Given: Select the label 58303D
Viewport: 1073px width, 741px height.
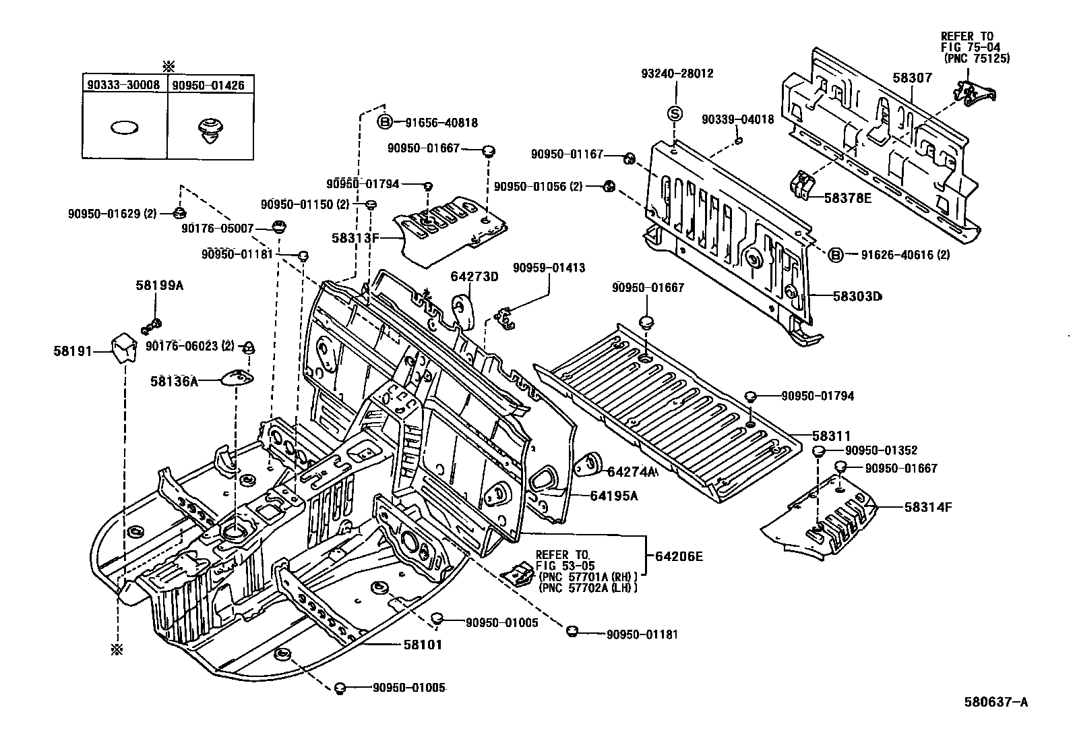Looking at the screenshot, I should tap(857, 296).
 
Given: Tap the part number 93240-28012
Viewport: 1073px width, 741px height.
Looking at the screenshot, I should tap(677, 73).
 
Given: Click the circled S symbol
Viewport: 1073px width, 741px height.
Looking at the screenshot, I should tap(675, 113).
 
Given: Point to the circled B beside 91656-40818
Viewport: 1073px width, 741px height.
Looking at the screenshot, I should tap(384, 122).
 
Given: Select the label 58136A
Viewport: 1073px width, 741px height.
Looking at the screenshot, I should tap(174, 382).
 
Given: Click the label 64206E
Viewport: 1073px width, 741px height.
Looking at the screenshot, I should tap(679, 556).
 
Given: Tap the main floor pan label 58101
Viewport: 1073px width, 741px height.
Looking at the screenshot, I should tap(423, 645).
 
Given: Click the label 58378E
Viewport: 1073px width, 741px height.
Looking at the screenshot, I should tap(847, 198).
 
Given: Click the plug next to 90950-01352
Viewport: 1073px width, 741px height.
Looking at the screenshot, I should tap(818, 451).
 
